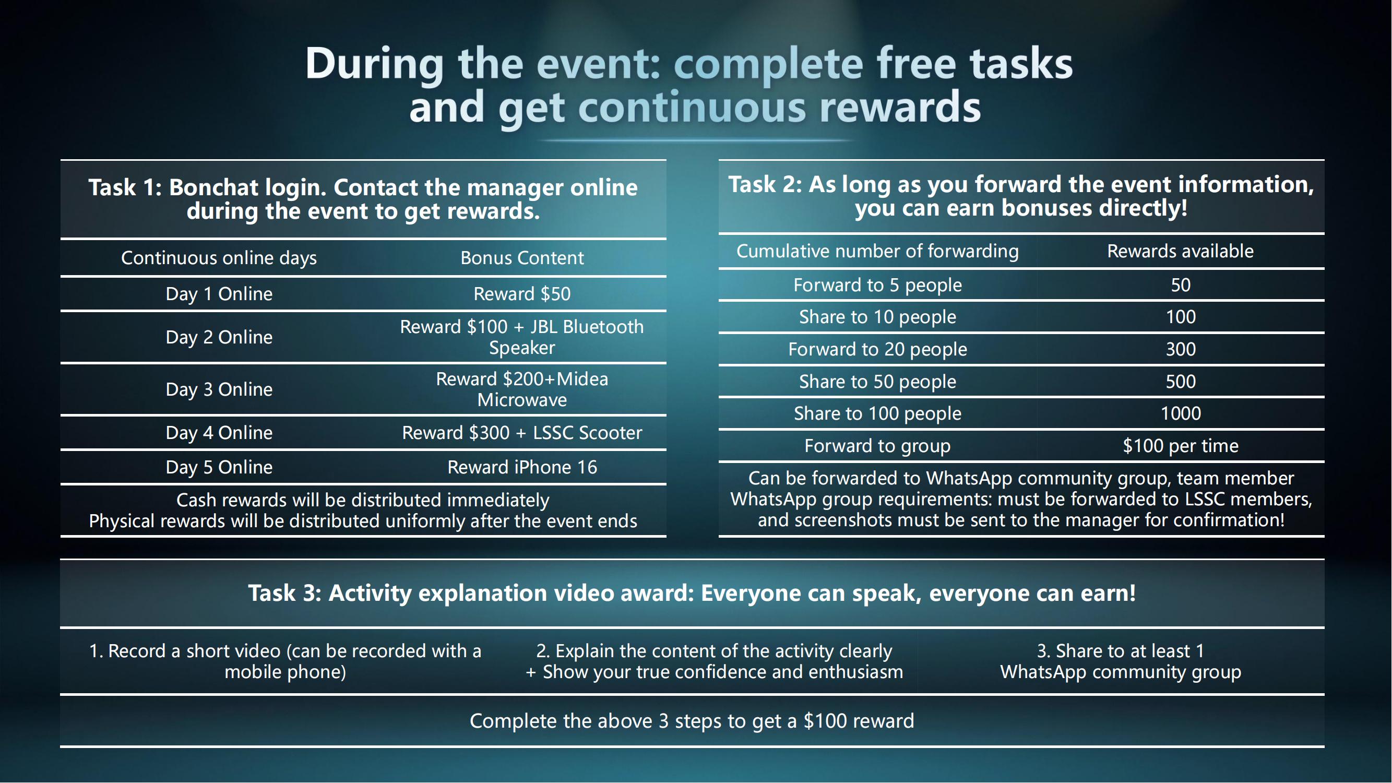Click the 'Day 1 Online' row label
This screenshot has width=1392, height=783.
pyautogui.click(x=219, y=294)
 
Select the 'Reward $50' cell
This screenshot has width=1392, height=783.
pyautogui.click(x=522, y=294)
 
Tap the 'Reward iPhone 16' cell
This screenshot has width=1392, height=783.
pyautogui.click(x=522, y=467)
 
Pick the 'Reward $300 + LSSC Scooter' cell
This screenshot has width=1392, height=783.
pyautogui.click(x=522, y=433)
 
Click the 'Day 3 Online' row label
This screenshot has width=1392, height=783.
pyautogui.click(x=219, y=389)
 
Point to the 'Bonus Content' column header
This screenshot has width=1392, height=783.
pyautogui.click(x=522, y=258)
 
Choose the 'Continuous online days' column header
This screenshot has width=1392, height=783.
pyautogui.click(x=219, y=258)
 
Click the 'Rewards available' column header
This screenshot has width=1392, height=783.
pyautogui.click(x=1180, y=251)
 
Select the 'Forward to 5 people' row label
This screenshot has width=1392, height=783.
pyautogui.click(x=877, y=286)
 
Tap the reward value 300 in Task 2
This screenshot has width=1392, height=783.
pyautogui.click(x=1181, y=350)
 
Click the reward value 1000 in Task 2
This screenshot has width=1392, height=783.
pyautogui.click(x=1181, y=414)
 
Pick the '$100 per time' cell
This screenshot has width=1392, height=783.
pyautogui.click(x=1181, y=446)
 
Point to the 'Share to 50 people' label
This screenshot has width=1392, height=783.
pyautogui.click(x=877, y=382)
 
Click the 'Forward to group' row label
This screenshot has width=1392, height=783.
pyautogui.click(x=877, y=446)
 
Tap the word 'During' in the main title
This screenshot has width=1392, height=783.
pyautogui.click(x=374, y=64)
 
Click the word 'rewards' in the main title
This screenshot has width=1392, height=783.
pyautogui.click(x=900, y=107)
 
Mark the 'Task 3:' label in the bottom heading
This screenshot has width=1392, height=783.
pyautogui.click(x=285, y=594)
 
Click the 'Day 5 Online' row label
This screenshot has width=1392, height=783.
pyautogui.click(x=219, y=467)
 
